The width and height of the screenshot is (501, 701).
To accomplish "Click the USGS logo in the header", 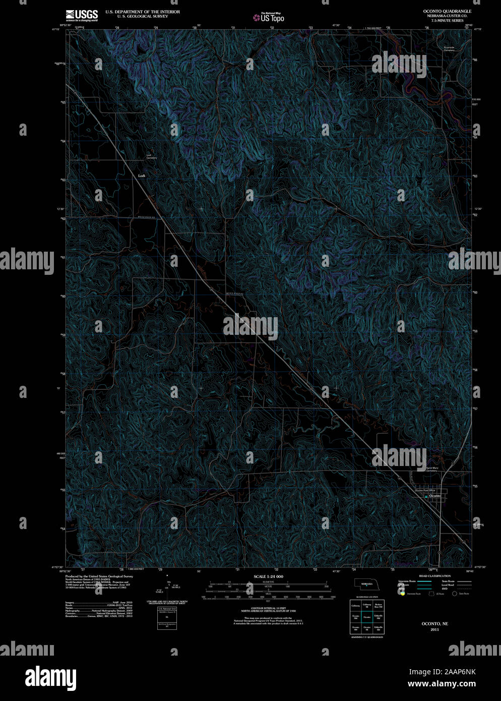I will [82, 15].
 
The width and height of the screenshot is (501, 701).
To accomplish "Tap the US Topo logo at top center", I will [269, 18].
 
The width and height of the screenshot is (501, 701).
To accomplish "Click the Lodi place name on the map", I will [142, 176].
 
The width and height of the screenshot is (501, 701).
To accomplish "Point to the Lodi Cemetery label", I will [151, 156].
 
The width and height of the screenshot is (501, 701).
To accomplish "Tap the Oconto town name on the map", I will [435, 496].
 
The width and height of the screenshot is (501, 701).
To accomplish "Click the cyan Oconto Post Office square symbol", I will [426, 496].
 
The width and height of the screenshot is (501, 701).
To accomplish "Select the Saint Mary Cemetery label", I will [432, 469].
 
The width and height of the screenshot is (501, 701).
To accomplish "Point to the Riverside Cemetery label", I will [449, 49].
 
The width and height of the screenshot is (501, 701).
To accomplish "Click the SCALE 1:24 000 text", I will [268, 576].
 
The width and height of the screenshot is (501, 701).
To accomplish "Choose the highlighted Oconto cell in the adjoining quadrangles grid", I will [366, 617].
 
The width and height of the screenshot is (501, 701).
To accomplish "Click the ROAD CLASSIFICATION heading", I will [434, 576].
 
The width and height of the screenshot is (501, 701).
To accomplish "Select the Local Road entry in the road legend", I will [448, 585].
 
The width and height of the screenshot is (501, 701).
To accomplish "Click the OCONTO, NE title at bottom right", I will [434, 624].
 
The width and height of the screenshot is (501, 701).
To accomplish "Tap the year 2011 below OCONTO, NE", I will [434, 629].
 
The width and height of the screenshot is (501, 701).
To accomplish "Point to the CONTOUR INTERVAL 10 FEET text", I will [268, 609].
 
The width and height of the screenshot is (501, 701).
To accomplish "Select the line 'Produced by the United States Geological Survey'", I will [99, 576].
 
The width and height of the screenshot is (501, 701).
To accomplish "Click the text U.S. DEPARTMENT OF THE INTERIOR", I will [142, 12].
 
